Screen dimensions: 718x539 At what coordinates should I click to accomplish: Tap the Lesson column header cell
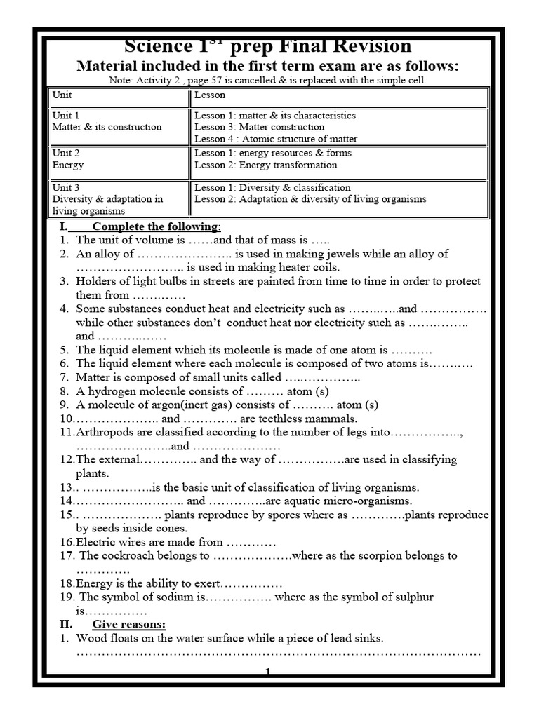[210, 94]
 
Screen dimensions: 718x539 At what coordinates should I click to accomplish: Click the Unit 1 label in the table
[66, 115]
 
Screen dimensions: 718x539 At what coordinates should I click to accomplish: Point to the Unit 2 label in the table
[66, 153]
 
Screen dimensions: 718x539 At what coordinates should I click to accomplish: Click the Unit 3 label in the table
[66, 187]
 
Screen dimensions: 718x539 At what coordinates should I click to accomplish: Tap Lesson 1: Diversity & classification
[272, 187]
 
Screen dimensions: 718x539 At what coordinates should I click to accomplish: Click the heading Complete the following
[156, 226]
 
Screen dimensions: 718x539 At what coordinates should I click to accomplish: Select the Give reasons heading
[128, 624]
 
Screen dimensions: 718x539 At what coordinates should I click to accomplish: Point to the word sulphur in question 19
[414, 597]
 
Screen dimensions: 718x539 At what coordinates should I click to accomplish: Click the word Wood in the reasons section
[91, 638]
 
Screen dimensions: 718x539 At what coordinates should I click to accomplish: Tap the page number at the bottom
[268, 672]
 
